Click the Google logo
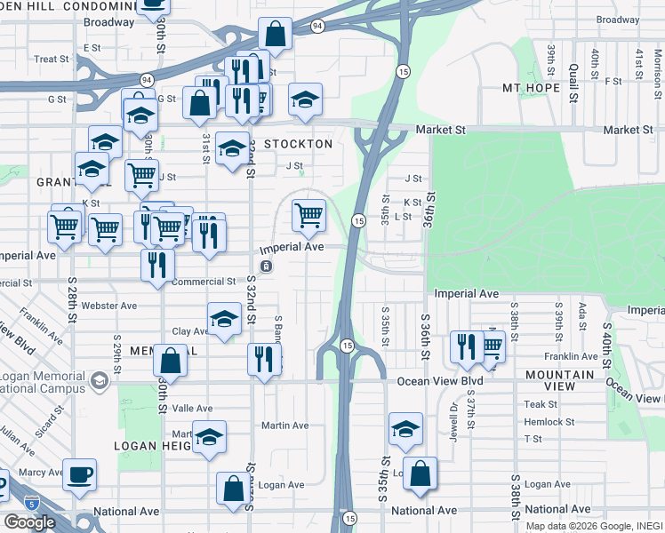[29, 522]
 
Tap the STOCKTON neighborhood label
[298, 144]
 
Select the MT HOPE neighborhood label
[531, 88]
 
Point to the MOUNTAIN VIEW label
[560, 380]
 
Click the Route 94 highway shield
[318, 27]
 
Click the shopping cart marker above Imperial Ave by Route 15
[308, 214]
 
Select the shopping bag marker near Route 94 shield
[276, 35]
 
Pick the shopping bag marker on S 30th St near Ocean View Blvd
[170, 361]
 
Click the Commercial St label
[203, 282]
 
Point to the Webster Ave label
[108, 306]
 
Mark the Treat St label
[52, 60]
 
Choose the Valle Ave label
[193, 408]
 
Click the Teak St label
[541, 404]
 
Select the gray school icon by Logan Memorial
[100, 382]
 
